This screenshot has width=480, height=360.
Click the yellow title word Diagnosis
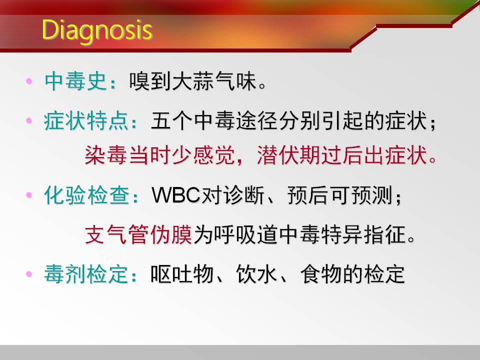tap(96, 30)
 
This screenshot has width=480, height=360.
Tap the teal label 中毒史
tap(76, 81)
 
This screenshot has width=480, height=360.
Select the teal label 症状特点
tap(86, 120)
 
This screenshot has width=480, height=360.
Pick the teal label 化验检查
tap(87, 195)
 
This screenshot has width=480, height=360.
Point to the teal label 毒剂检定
tap(86, 273)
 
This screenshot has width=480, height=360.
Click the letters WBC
tap(175, 195)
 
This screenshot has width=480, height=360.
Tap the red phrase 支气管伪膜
tap(138, 234)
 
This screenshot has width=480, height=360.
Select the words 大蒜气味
tap(214, 81)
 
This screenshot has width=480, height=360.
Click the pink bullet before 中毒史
tap(29, 81)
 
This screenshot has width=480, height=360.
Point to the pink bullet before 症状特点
tap(29, 120)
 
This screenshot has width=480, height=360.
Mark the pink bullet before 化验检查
tap(29, 195)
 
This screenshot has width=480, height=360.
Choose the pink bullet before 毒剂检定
tap(29, 273)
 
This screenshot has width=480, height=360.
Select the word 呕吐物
tap(182, 273)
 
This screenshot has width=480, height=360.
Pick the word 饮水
tap(257, 273)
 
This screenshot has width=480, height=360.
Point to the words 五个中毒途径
tap(214, 120)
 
